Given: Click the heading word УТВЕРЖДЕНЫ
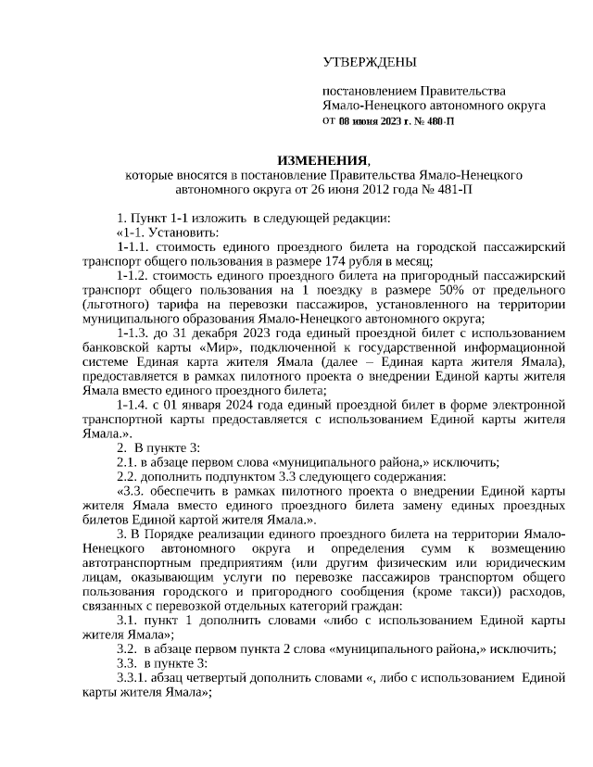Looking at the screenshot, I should [370, 63].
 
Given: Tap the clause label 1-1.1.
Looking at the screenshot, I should [135, 248].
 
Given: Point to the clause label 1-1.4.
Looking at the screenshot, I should [135, 405].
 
